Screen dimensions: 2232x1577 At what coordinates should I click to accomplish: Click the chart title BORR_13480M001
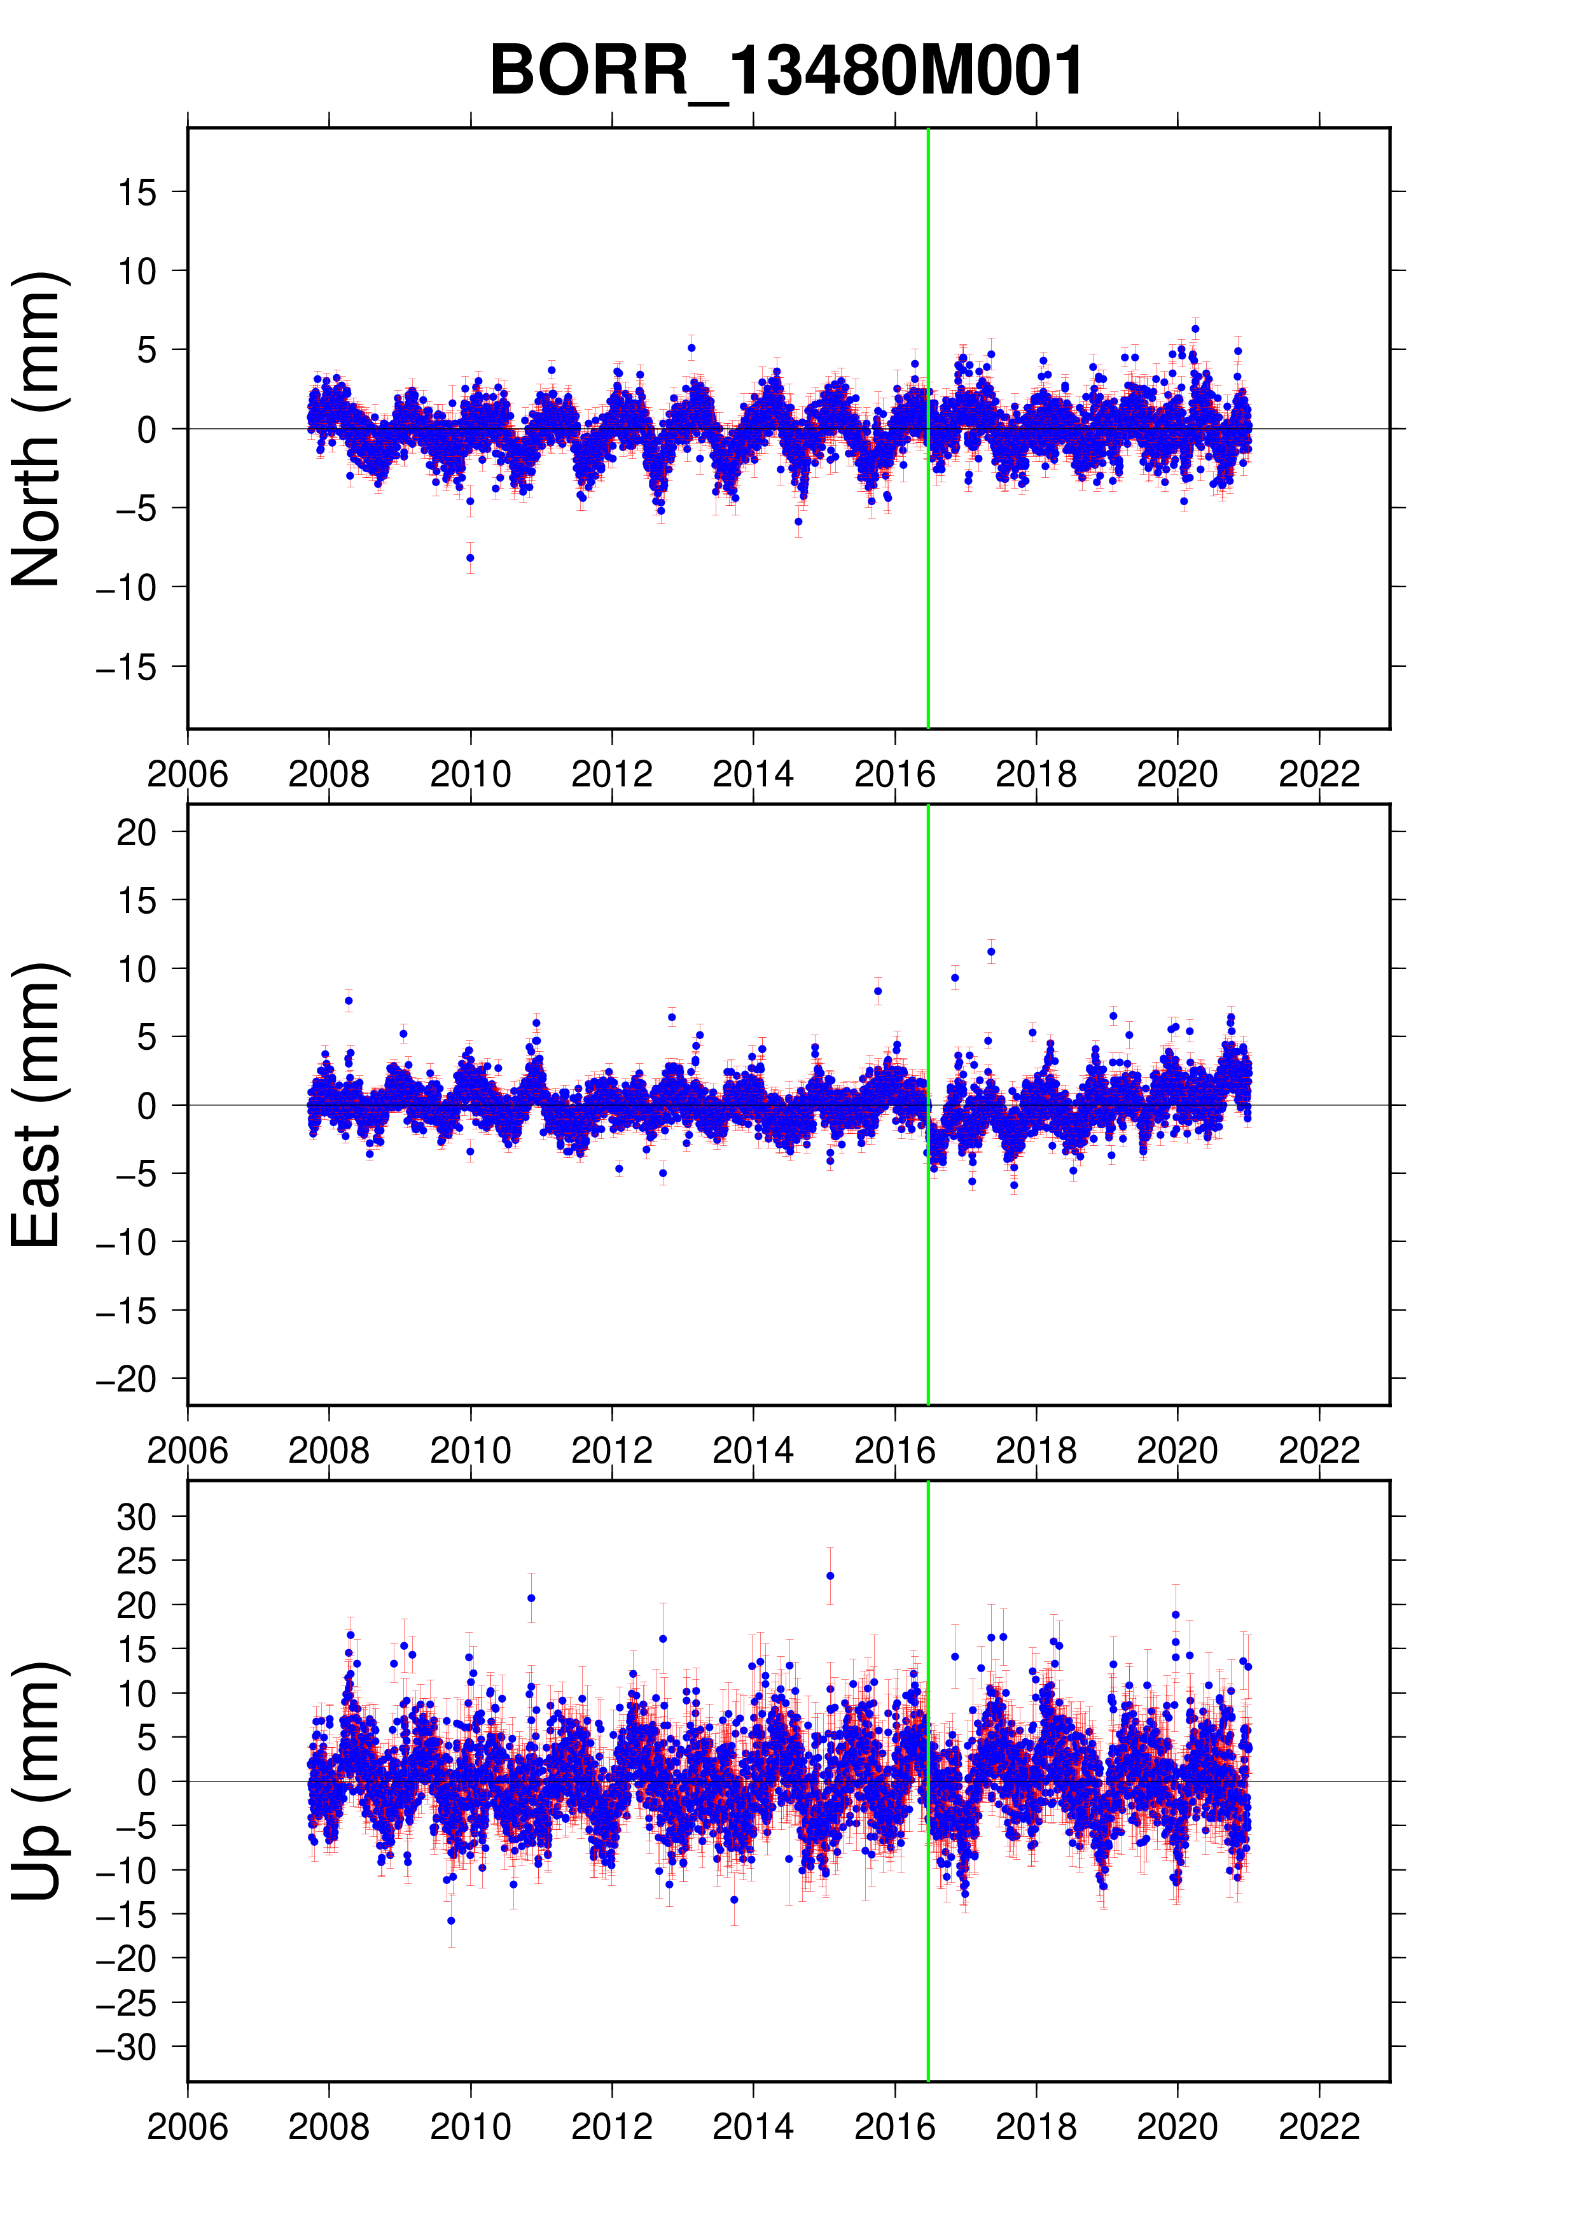point(786,71)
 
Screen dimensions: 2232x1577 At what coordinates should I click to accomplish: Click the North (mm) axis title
point(36,429)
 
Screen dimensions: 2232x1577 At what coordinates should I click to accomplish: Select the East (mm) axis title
point(36,1105)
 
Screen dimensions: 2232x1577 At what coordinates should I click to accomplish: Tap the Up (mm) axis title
point(36,1781)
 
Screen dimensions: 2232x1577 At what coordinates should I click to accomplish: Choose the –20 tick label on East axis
point(127,1379)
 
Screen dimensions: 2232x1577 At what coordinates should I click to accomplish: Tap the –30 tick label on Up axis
point(127,2048)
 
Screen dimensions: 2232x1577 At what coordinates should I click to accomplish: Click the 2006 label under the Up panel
point(188,2127)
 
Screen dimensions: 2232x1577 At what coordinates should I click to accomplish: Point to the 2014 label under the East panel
point(753,1451)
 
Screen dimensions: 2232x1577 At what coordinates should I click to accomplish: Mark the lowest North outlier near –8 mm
point(470,558)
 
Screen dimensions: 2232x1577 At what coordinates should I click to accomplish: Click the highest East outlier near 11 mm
point(991,952)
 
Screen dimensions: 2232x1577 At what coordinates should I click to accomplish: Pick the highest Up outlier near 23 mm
point(830,1576)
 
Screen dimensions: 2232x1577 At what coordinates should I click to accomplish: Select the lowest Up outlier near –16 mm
point(451,1920)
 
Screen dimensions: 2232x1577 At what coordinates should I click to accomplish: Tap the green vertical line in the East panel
point(928,1264)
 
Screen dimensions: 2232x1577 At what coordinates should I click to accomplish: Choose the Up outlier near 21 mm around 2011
point(531,1598)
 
